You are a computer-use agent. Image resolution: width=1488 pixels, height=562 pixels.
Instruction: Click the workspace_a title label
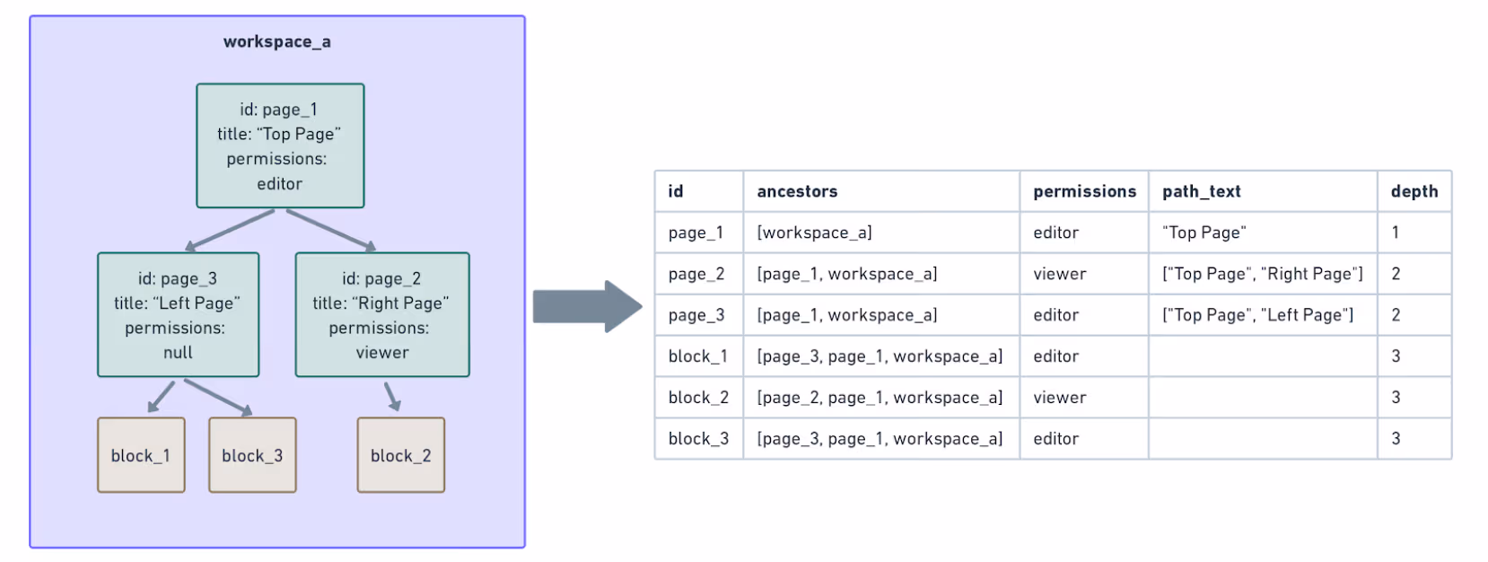pyautogui.click(x=276, y=42)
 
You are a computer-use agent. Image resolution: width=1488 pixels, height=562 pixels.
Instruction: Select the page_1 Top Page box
pyautogui.click(x=280, y=145)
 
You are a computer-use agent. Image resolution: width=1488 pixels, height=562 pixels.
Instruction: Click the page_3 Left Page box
pyautogui.click(x=178, y=314)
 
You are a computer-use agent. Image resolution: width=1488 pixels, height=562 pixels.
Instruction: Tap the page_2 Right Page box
pyautogui.click(x=381, y=314)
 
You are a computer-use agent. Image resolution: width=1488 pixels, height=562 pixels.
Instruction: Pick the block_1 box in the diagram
pyautogui.click(x=141, y=455)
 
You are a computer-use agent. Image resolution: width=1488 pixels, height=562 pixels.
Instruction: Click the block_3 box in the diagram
pyautogui.click(x=252, y=455)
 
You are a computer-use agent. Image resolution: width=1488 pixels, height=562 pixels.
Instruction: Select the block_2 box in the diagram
pyautogui.click(x=400, y=455)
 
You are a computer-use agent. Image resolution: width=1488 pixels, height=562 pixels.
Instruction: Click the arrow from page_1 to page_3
pyautogui.click(x=229, y=231)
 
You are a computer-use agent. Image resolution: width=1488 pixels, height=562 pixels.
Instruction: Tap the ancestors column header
pyautogui.click(x=797, y=191)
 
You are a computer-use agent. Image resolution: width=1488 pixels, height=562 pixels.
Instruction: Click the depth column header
pyautogui.click(x=1414, y=191)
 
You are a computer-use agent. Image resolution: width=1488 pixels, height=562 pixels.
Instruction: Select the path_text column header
pyautogui.click(x=1201, y=191)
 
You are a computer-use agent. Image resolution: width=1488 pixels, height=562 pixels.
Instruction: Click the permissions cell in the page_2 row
pyautogui.click(x=1060, y=274)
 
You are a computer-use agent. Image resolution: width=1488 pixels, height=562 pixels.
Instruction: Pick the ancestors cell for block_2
pyautogui.click(x=880, y=398)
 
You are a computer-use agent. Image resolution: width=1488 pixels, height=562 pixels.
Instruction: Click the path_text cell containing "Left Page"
pyautogui.click(x=1257, y=315)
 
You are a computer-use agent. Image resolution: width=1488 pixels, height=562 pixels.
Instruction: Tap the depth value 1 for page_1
pyautogui.click(x=1396, y=233)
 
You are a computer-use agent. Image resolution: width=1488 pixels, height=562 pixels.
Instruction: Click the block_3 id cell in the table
pyautogui.click(x=698, y=439)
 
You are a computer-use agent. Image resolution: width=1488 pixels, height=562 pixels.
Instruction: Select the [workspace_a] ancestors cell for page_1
pyautogui.click(x=814, y=233)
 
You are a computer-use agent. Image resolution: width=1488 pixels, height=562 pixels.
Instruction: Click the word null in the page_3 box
pyautogui.click(x=178, y=353)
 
